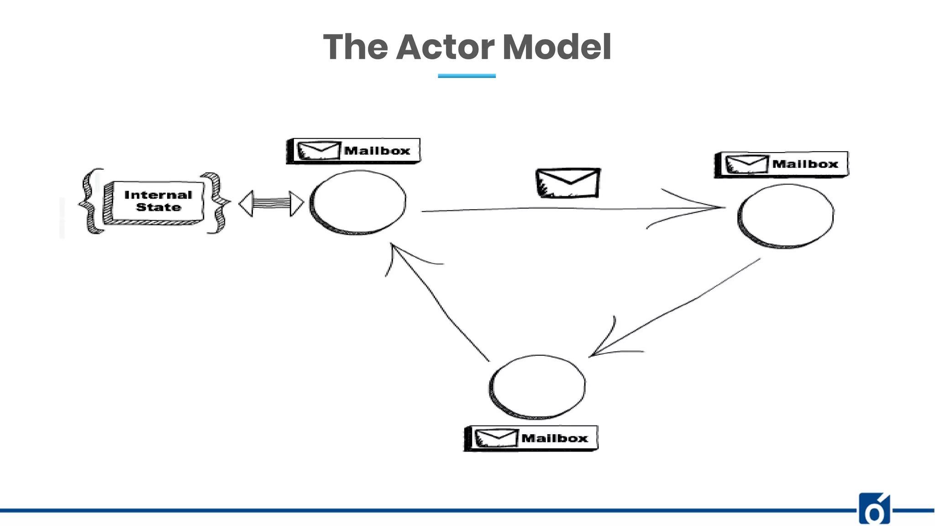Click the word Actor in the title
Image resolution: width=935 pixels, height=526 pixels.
pyautogui.click(x=445, y=47)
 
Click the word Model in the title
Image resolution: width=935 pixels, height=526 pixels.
pyautogui.click(x=557, y=47)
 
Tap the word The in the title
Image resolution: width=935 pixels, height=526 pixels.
pyautogui.click(x=355, y=47)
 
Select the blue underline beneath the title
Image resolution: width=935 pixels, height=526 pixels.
pyautogui.click(x=467, y=76)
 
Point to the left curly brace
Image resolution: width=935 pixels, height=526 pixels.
pyautogui.click(x=90, y=201)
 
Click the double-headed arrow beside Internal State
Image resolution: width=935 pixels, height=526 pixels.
pyautogui.click(x=271, y=204)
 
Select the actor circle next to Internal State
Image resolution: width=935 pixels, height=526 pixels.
pyautogui.click(x=358, y=202)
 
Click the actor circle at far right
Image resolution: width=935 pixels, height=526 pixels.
pyautogui.click(x=786, y=216)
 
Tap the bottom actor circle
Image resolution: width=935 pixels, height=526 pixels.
pyautogui.click(x=538, y=386)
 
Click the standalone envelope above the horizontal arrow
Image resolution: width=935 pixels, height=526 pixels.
pyautogui.click(x=568, y=183)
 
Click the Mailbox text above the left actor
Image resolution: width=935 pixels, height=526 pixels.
pyautogui.click(x=377, y=151)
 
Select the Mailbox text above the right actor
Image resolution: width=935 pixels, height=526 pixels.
pyautogui.click(x=805, y=164)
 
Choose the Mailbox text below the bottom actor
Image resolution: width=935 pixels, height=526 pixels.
pyautogui.click(x=555, y=438)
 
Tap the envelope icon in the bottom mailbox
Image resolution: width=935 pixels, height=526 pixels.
pyautogui.click(x=496, y=438)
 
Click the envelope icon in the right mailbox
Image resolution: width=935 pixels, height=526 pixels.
pyautogui.click(x=746, y=164)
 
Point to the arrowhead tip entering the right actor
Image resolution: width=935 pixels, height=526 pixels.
pyautogui.click(x=724, y=207)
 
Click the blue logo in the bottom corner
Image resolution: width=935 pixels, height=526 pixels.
pyautogui.click(x=874, y=509)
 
